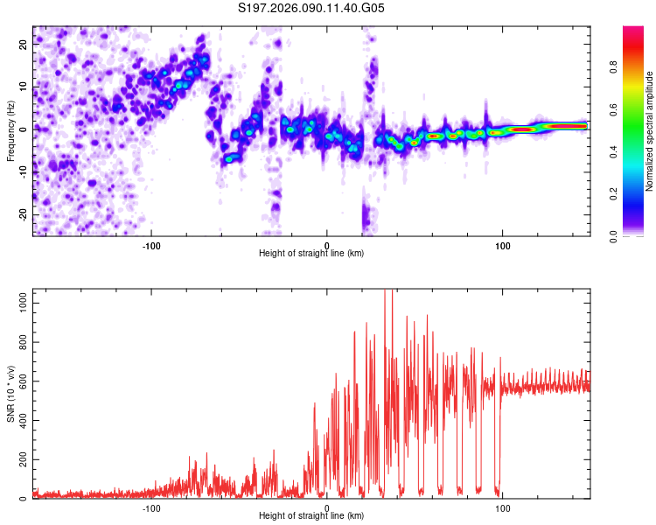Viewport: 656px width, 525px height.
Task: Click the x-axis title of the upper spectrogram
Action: (311, 254)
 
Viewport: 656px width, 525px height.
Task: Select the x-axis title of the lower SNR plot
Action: (311, 516)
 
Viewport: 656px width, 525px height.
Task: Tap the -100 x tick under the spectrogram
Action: (151, 244)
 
